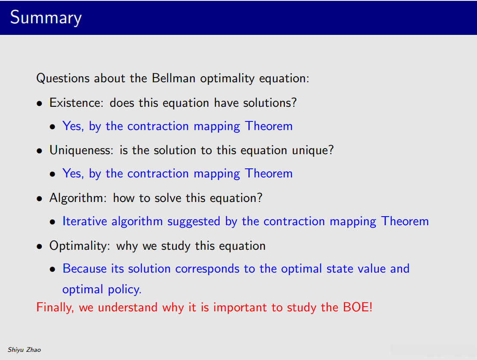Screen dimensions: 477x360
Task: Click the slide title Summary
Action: [46, 18]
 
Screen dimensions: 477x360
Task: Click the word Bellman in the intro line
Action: [173, 78]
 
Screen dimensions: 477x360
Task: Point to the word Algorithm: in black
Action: [78, 198]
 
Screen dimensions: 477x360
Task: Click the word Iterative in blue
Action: [84, 221]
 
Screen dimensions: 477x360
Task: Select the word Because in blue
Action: [84, 269]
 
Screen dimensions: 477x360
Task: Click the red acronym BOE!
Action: [358, 307]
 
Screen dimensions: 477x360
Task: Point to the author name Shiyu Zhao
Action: [25, 350]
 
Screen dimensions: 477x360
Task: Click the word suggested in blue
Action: [194, 222]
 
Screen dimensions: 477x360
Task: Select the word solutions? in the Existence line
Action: [270, 103]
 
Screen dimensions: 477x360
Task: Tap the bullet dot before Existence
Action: [39, 104]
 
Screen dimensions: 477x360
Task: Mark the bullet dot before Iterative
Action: [53, 222]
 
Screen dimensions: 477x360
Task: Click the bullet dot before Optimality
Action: [39, 247]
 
